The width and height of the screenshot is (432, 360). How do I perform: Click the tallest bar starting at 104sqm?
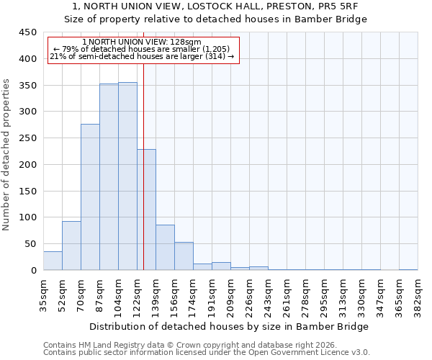coord(127,176)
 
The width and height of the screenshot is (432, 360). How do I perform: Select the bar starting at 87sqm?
coord(109,177)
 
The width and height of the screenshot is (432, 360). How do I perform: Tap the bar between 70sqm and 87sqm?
coord(90,197)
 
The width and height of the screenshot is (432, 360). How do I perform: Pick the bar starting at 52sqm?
coord(71,246)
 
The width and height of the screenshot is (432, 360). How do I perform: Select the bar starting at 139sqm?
coord(165,248)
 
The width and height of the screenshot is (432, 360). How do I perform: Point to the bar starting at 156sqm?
coord(184,256)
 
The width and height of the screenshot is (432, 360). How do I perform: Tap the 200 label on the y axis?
coord(27,165)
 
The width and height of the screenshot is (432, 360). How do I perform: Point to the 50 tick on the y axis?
coord(30,244)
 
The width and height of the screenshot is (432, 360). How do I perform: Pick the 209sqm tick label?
coord(230,295)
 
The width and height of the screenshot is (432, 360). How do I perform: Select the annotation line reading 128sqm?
coord(142,42)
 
